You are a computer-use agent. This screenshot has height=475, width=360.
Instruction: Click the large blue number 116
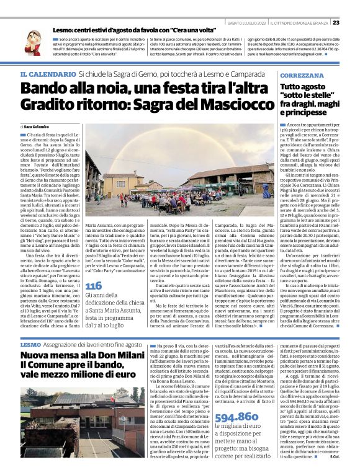(94, 286)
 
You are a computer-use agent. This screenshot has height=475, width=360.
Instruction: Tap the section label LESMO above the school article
(30, 344)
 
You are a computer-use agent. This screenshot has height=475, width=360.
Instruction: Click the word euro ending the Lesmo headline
(122, 376)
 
